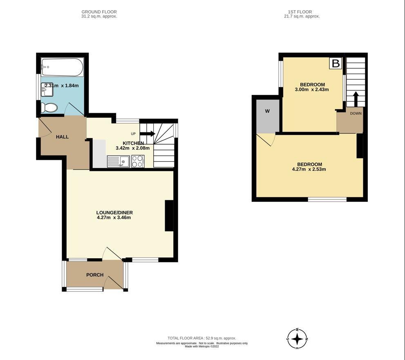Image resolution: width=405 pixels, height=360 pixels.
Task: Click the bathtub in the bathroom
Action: [62, 67]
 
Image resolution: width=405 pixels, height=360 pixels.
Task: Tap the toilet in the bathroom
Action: [49, 107]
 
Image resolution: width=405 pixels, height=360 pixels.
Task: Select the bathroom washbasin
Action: [47, 89]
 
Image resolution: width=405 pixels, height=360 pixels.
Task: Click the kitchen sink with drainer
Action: [118, 161]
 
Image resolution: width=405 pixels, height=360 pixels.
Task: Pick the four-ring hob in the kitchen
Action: [138, 161]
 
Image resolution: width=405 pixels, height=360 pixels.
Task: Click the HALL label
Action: [62, 137]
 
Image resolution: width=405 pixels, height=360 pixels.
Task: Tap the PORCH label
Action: [95, 275]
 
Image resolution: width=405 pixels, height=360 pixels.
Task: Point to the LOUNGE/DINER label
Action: [114, 212]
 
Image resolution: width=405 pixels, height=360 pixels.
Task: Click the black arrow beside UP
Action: [147, 134]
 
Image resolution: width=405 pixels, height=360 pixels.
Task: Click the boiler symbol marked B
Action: [336, 63]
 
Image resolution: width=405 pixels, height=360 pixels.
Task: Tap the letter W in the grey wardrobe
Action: [267, 111]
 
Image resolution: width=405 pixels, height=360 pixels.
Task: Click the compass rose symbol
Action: [297, 339]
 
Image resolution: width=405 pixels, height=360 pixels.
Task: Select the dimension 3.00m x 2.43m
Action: [312, 89]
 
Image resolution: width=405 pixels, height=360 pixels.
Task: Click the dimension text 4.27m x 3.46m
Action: [114, 217]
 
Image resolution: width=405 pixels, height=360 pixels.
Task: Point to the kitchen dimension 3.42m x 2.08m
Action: [132, 148]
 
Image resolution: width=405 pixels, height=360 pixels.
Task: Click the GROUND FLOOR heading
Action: [99, 11]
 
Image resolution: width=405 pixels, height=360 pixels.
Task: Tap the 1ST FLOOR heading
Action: [300, 11]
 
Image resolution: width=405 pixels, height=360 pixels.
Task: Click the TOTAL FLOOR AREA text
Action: [202, 338]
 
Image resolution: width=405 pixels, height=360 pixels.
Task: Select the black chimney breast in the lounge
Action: [169, 216]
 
